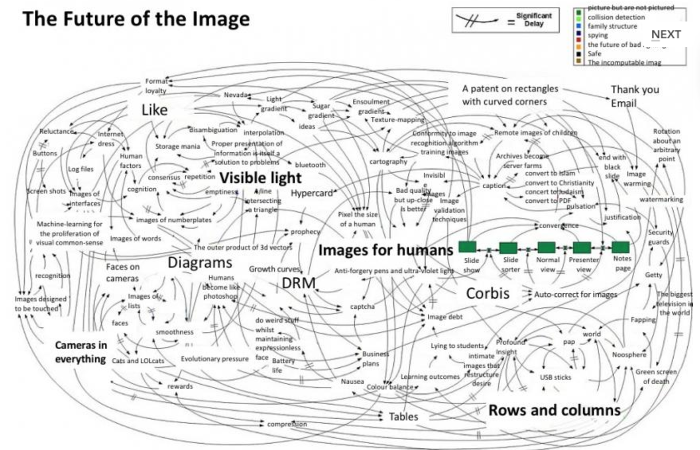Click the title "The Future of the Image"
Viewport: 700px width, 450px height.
(136, 19)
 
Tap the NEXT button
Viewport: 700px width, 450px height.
(666, 35)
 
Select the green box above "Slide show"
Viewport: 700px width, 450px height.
(467, 247)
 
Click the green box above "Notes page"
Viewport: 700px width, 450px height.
(620, 247)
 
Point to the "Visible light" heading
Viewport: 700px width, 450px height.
(260, 178)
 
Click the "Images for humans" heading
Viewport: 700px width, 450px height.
(385, 250)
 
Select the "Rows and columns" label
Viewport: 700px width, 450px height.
(554, 410)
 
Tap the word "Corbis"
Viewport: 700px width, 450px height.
(488, 293)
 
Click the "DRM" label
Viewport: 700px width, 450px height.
(299, 283)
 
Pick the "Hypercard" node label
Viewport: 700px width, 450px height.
(312, 193)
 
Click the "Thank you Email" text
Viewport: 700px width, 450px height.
(635, 96)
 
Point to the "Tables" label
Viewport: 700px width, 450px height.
(403, 417)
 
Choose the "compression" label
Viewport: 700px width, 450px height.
(287, 424)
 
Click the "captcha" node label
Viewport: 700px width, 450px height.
(362, 307)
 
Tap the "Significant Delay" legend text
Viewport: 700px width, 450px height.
(534, 20)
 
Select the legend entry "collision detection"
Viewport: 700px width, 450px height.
(616, 17)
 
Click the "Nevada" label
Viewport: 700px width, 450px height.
(236, 95)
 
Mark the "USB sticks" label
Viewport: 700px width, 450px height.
(555, 377)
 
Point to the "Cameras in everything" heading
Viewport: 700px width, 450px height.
(81, 352)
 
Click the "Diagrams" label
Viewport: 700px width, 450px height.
(200, 263)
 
